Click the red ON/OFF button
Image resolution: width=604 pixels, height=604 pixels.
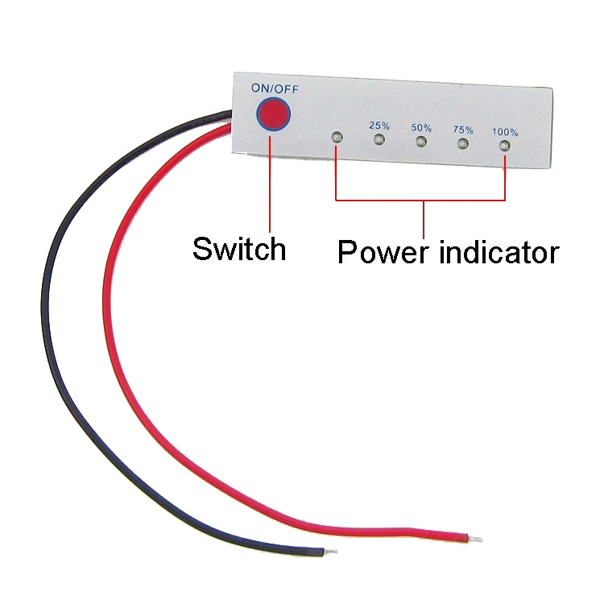[273, 114]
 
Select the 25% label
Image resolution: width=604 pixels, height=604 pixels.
[379, 125]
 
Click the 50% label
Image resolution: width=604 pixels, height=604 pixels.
[421, 127]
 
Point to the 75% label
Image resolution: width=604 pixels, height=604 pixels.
[463, 129]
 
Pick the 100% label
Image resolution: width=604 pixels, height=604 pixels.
[505, 132]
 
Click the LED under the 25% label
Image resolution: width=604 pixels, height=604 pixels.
[379, 140]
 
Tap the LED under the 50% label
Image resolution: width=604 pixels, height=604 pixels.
[420, 143]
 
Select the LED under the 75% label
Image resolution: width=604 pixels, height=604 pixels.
[462, 144]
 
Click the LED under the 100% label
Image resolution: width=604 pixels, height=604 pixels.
[504, 147]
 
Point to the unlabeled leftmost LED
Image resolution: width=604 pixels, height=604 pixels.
[336, 138]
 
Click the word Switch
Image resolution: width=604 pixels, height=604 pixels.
[239, 249]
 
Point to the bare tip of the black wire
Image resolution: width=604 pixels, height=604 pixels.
[330, 552]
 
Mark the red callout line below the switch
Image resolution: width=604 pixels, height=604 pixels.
[269, 185]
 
